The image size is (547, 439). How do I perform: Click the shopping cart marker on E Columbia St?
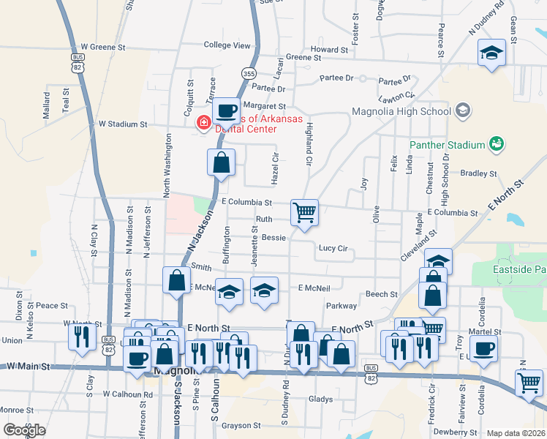click(304, 213)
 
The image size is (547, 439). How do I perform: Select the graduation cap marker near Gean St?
click(492, 53)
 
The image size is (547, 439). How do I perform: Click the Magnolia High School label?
click(401, 111)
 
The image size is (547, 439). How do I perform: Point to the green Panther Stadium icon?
click(497, 144)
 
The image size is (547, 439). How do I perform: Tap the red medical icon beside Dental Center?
click(203, 124)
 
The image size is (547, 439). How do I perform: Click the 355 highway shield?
click(249, 74)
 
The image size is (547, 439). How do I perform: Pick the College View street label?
click(227, 45)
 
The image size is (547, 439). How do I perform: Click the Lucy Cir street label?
click(333, 248)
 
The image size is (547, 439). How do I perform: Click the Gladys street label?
click(320, 399)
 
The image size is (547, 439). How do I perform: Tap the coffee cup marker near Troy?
click(483, 348)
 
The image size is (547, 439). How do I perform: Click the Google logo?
click(24, 429)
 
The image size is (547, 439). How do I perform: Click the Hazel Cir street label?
click(275, 168)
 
